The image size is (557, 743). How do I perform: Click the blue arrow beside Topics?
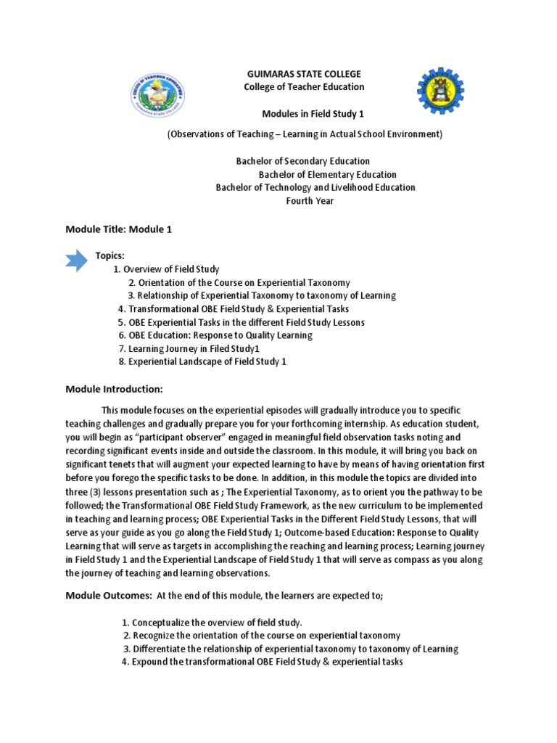click(76, 259)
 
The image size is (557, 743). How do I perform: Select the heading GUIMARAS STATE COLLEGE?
click(304, 75)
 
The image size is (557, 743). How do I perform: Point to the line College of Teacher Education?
click(304, 87)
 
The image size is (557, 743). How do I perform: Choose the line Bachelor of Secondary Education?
click(303, 161)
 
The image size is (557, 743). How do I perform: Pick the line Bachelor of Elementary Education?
click(328, 174)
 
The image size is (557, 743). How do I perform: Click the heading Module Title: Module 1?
click(119, 229)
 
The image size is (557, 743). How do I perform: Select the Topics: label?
click(110, 256)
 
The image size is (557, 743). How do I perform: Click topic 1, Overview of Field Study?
click(166, 269)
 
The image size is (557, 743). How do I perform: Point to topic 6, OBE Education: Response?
click(215, 335)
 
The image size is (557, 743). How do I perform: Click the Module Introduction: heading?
click(115, 389)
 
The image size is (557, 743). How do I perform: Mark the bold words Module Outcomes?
click(107, 596)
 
